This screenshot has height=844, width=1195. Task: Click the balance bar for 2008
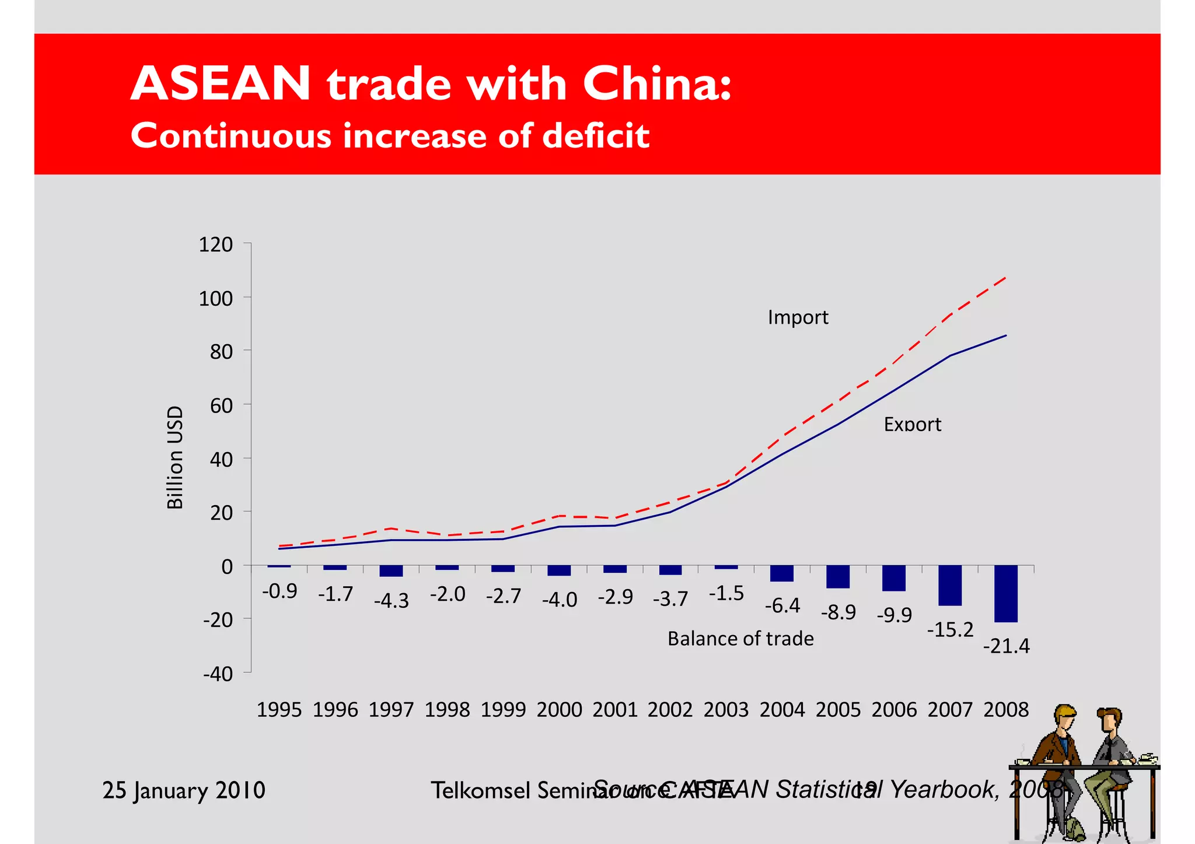click(x=1005, y=593)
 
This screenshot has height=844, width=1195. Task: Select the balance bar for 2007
click(x=949, y=585)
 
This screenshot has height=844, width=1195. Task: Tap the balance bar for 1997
click(x=391, y=570)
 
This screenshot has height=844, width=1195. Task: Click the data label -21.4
click(x=1006, y=646)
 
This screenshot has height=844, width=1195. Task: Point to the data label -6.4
click(x=782, y=605)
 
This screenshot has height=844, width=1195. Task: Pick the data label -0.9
click(x=279, y=591)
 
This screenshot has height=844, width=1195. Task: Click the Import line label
click(x=798, y=317)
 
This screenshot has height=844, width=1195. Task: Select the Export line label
click(x=912, y=424)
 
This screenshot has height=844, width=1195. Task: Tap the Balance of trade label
click(x=740, y=639)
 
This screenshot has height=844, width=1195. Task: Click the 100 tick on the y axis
click(x=215, y=298)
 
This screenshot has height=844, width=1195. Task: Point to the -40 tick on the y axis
click(x=218, y=674)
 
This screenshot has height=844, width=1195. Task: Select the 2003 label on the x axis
click(x=726, y=709)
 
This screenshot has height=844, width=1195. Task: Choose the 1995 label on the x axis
click(x=279, y=709)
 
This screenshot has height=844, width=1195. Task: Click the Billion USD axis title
click(x=175, y=457)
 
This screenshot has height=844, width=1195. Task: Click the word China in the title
click(x=656, y=83)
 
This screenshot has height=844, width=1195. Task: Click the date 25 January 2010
click(x=184, y=790)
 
